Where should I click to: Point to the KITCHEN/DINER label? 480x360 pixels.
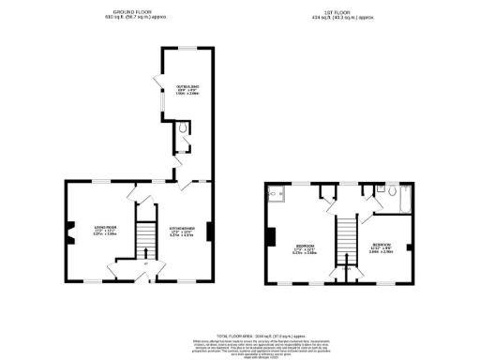(182, 230)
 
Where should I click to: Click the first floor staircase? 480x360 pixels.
(346, 238)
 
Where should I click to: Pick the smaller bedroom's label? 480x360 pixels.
(381, 248)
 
